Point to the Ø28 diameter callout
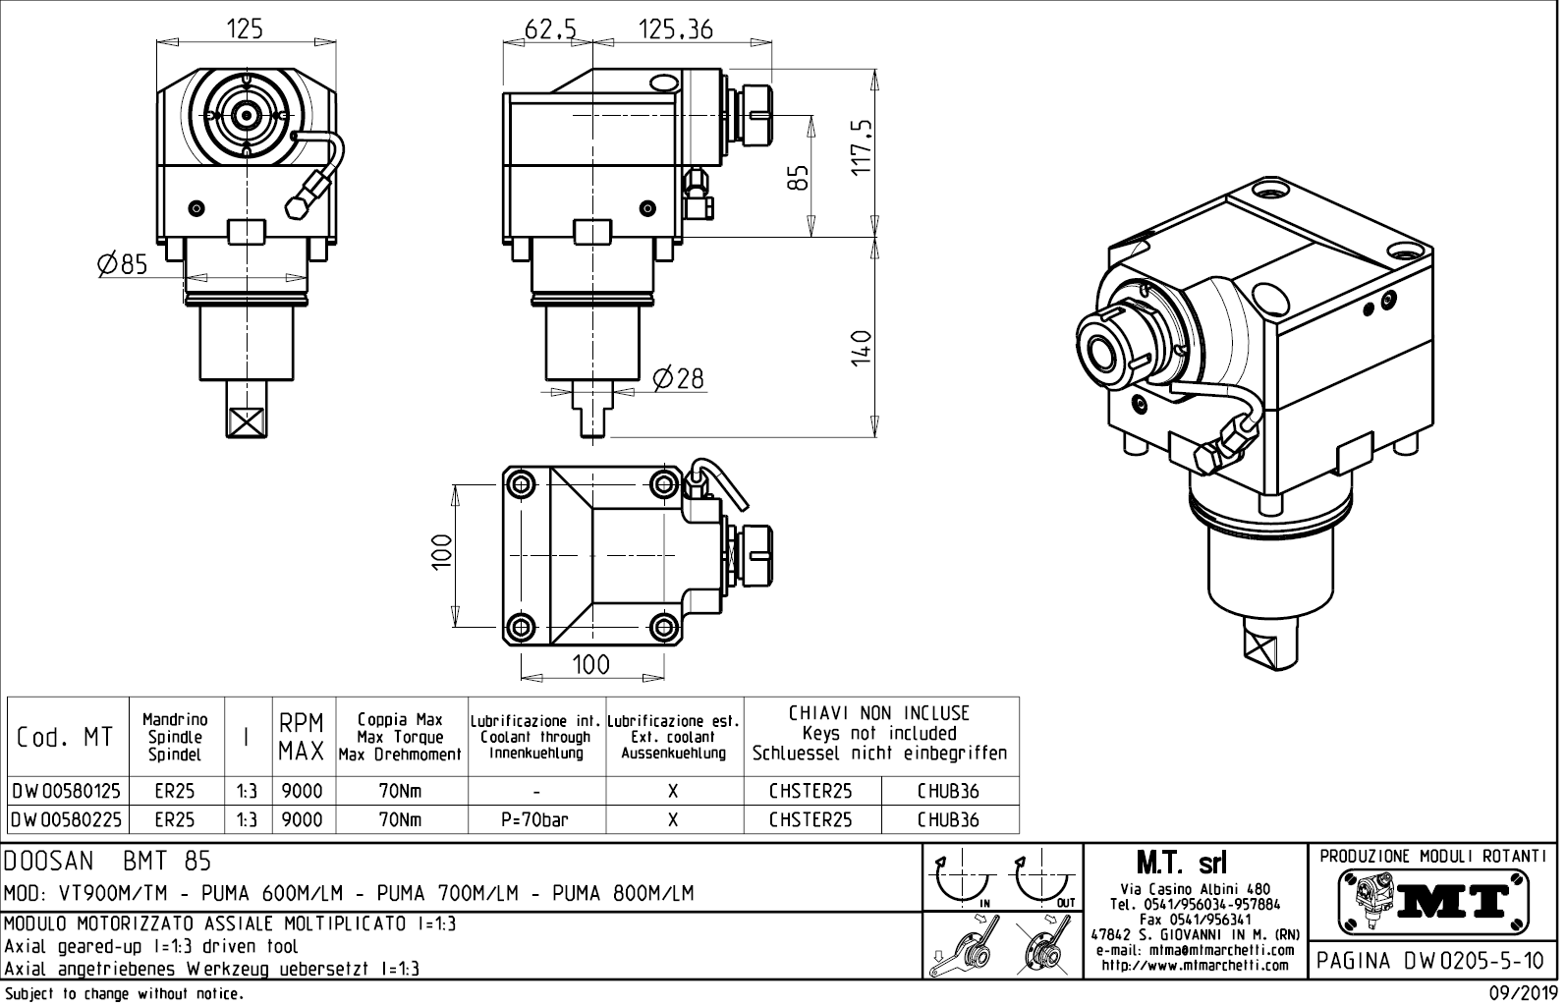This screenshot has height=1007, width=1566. pos(679,377)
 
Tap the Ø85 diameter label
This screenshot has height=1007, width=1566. pos(122,263)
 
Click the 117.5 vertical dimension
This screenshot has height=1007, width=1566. pos(862,146)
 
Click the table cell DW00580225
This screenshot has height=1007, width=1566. pos(67,819)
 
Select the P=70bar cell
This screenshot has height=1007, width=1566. pos(536,819)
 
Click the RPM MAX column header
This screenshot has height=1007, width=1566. pos(302,738)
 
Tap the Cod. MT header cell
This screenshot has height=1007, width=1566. pos(66,737)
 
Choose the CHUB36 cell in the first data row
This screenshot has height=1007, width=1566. pos(948,791)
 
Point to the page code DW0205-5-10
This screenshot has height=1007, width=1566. pos(1433,960)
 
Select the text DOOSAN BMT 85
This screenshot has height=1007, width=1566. pos(108,862)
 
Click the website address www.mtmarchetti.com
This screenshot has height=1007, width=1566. pos(1195,965)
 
